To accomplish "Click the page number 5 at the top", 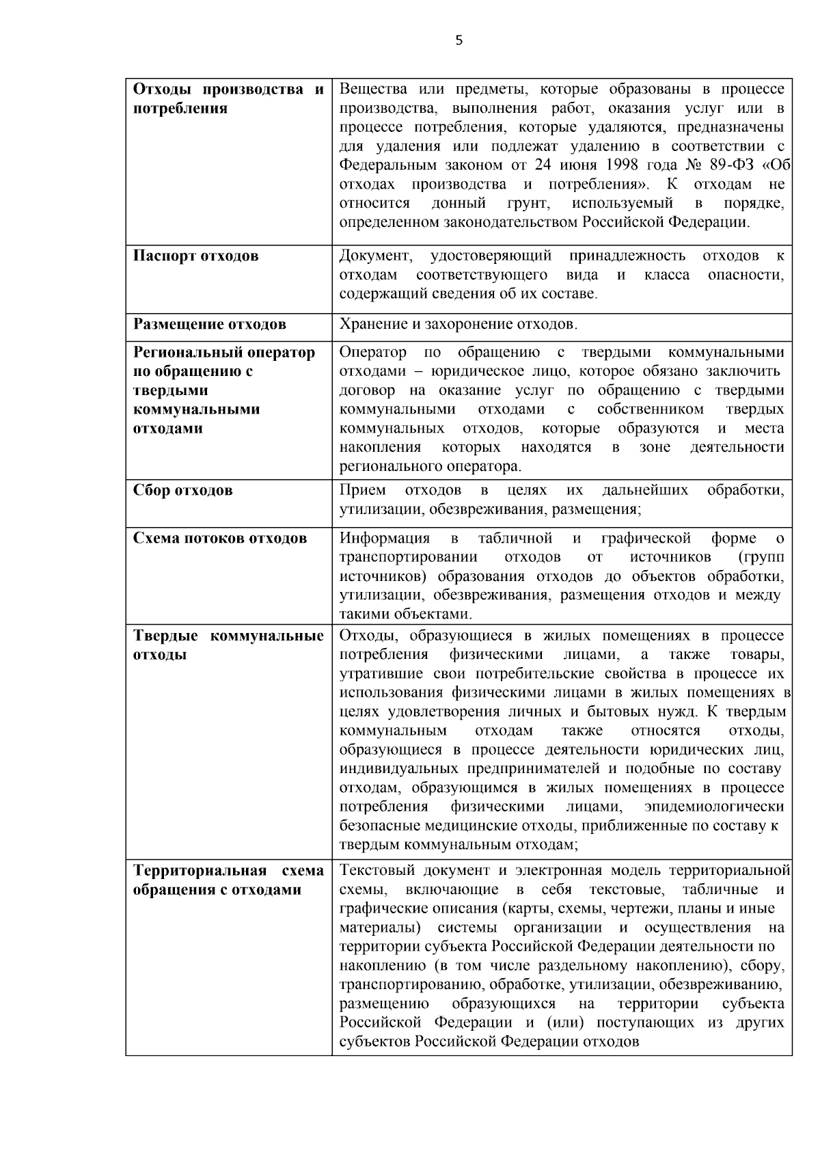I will point(459,41).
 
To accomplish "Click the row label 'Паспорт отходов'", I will point(195,256).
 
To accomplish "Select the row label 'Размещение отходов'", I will point(209,324).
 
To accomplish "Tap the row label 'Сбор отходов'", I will point(182,490).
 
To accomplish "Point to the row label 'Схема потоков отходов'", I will point(219,538).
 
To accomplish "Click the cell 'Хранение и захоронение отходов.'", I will point(459,324).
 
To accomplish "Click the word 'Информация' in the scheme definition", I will point(385,538).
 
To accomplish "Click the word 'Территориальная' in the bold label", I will point(199,871).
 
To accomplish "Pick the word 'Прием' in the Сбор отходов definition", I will point(362,490).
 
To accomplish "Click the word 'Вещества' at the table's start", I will point(373,90).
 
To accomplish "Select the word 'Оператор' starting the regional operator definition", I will point(372,353).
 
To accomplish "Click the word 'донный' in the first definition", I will point(459,203).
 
